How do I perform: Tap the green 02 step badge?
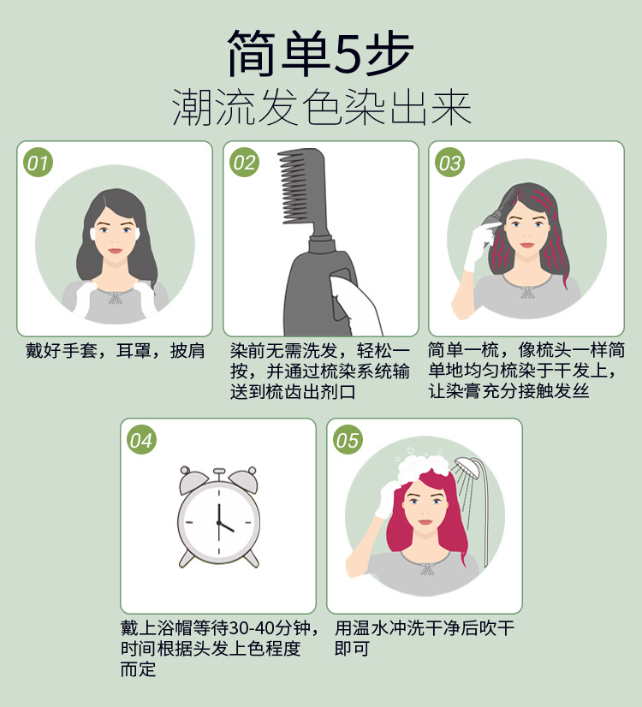click(244, 163)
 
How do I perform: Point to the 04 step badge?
click(141, 440)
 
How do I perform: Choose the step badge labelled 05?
click(348, 440)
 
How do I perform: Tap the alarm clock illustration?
click(218, 519)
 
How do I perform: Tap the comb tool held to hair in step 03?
click(490, 219)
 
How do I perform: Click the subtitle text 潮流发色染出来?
click(321, 107)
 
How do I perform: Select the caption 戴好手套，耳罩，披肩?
click(114, 352)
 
